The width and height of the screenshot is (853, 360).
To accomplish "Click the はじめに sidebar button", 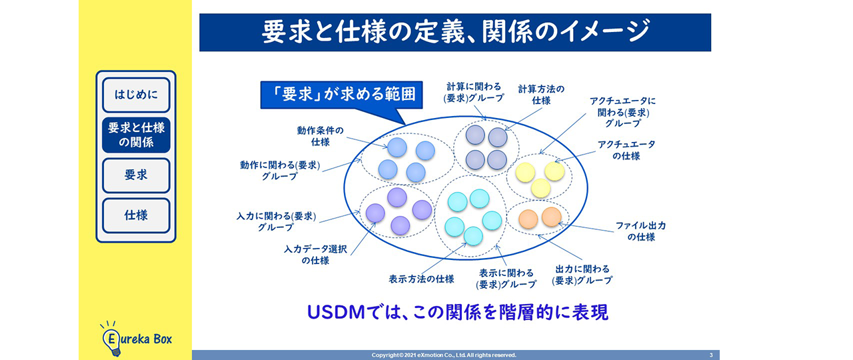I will pos(136,95).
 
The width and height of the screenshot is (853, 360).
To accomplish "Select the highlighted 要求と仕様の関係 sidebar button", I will pos(136,135).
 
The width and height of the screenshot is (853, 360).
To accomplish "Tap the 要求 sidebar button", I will pos(136,175).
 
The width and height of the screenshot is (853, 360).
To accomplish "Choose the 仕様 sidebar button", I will pos(136,215).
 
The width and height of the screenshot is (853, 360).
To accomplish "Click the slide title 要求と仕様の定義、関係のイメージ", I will pos(454,32).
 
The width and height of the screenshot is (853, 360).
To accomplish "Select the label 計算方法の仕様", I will pos(541,95).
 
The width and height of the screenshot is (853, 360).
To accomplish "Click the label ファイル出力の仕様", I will pos(640,231).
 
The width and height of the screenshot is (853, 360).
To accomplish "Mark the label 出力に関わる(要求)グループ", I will pos(582,275).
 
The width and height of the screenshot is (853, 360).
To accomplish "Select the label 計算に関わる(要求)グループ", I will pos(474,92).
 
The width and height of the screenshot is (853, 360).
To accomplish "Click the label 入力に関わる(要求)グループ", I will pos(275,221).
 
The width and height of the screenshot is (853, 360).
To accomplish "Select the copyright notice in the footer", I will pos(444,355).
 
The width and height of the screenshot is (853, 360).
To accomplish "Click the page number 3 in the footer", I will pos(711,355).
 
